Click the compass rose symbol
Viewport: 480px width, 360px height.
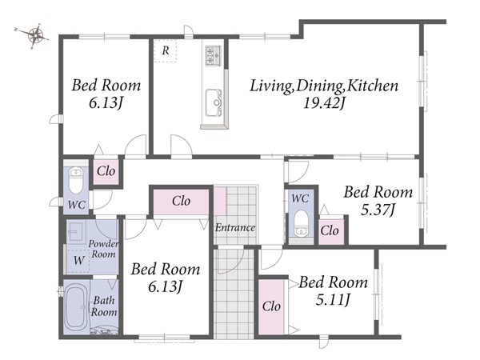[36, 35]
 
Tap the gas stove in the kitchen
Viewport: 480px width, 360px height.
[213, 55]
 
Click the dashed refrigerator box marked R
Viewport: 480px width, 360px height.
[166, 51]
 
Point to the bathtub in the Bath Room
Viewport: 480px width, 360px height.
[77, 308]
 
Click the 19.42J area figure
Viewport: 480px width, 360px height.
[324, 103]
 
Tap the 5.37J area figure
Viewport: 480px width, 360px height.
[378, 210]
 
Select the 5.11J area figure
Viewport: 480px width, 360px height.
[333, 300]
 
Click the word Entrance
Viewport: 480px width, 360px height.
[234, 227]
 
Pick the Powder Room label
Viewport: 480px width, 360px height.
[103, 249]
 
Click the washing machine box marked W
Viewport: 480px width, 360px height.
[78, 261]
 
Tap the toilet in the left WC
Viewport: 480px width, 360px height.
[75, 180]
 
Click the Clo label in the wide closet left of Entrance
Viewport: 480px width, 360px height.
[182, 201]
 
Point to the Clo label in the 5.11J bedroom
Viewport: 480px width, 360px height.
[271, 306]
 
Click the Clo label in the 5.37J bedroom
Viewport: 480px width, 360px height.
[330, 230]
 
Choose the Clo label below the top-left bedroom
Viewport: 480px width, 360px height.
[106, 171]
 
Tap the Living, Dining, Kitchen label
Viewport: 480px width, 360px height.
[324, 86]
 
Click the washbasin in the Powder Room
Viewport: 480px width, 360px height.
[75, 232]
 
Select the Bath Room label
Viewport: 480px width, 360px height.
[104, 306]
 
